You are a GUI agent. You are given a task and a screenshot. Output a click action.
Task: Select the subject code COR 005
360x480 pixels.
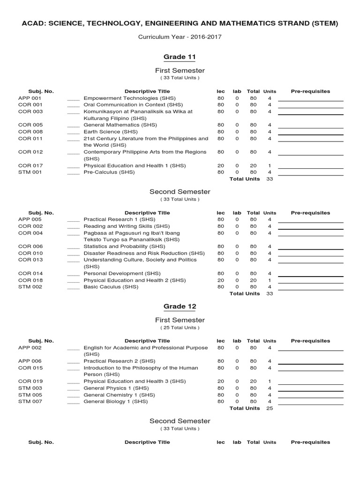(30, 125)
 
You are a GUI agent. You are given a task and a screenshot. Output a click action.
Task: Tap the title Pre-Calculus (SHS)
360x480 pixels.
(109, 172)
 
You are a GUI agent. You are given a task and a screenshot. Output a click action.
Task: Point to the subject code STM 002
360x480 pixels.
(30, 286)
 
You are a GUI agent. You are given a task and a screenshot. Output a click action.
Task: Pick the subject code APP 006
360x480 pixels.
(30, 361)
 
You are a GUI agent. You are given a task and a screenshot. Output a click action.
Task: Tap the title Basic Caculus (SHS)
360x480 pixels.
(111, 286)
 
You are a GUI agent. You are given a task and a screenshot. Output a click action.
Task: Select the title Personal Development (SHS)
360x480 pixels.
(122, 273)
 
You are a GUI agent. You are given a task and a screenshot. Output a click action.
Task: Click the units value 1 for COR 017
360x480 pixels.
(270, 165)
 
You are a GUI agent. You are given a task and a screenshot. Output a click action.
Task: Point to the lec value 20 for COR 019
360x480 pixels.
(221, 382)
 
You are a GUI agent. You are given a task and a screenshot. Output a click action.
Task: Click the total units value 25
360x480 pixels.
(270, 408)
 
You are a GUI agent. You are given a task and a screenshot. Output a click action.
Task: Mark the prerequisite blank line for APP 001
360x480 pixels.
(310, 100)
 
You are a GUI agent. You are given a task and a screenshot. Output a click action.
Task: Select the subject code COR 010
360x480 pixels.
(30, 253)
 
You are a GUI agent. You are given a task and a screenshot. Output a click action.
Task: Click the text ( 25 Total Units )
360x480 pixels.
(180, 327)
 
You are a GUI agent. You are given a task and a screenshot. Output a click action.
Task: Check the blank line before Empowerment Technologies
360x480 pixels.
(74, 100)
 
